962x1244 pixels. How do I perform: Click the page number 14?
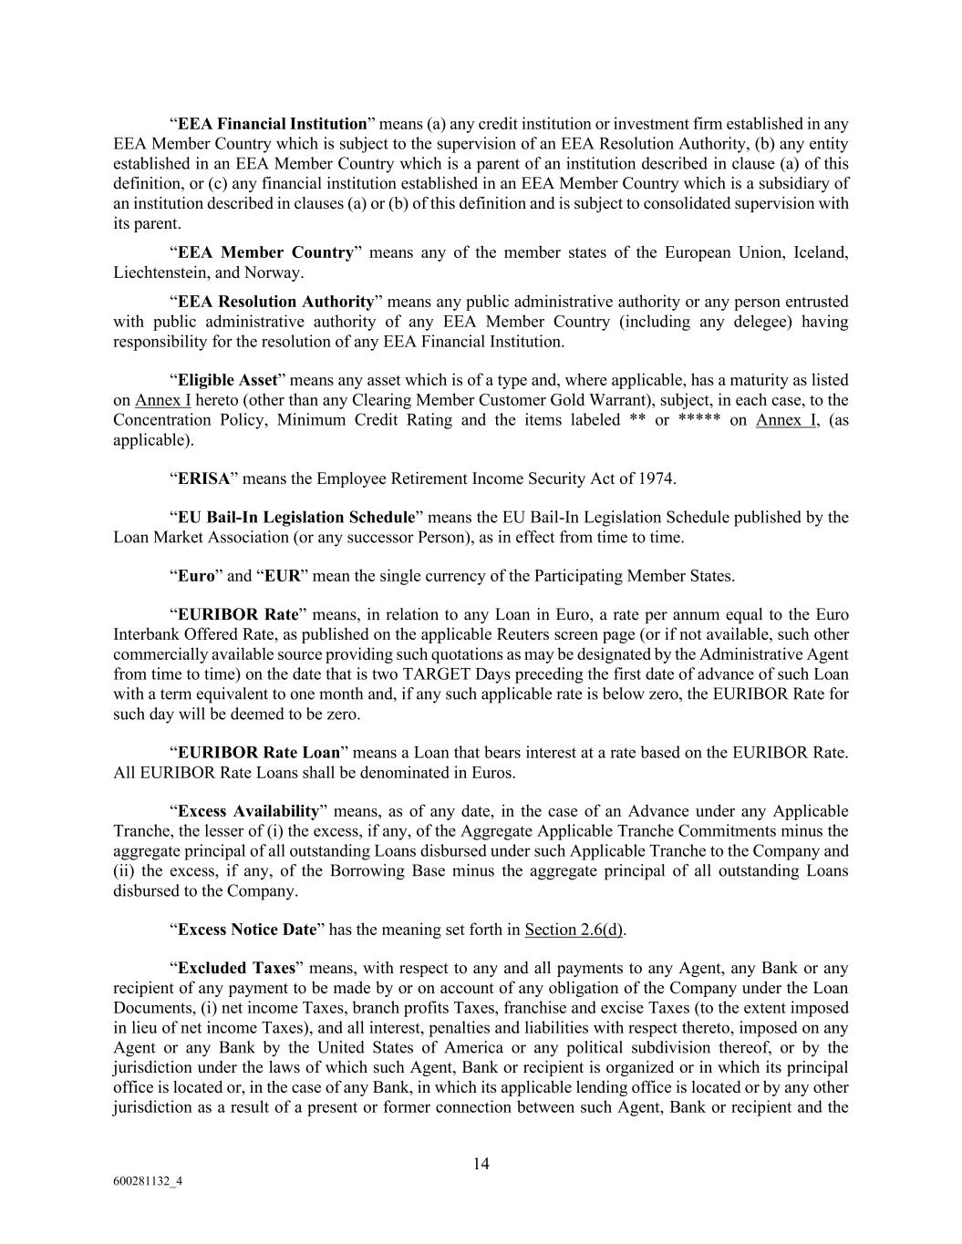point(481,1163)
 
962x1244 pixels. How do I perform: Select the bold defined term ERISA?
point(203,478)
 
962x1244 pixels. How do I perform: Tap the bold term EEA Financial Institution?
point(272,124)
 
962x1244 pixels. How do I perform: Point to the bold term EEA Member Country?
point(265,252)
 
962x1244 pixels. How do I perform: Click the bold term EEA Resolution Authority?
point(275,302)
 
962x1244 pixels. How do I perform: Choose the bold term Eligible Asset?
point(227,380)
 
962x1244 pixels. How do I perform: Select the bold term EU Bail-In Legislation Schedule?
point(295,518)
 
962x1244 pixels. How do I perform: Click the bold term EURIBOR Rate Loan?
point(259,753)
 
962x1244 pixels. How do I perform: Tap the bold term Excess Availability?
point(248,811)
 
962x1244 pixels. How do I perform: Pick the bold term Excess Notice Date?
point(247,930)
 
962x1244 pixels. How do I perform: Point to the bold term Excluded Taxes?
point(236,969)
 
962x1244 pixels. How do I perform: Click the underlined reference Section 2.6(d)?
point(574,930)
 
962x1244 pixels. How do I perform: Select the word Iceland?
point(822,252)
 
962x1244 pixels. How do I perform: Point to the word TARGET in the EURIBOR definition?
point(485,674)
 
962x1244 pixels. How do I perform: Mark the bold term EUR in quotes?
point(282,576)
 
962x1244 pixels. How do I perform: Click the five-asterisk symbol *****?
point(700,420)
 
